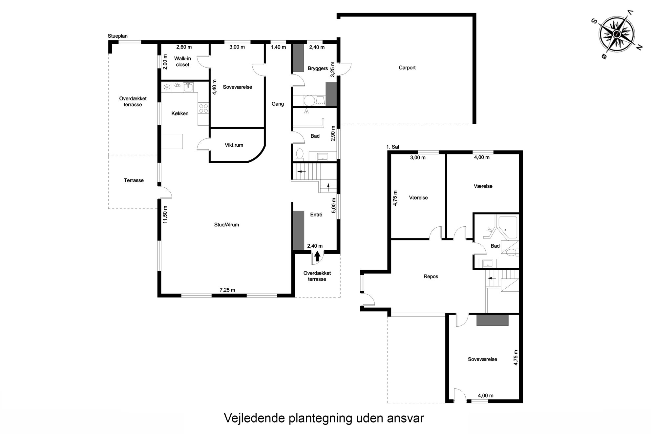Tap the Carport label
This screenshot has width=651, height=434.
click(407, 68)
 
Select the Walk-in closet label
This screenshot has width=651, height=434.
click(182, 62)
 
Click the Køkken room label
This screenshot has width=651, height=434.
click(180, 114)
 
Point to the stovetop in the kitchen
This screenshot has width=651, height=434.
click(203, 108)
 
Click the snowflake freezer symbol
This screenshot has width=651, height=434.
click(167, 87)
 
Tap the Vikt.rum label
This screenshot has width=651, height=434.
click(234, 145)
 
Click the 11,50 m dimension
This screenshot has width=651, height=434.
click(165, 215)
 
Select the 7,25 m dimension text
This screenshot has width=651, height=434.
click(227, 290)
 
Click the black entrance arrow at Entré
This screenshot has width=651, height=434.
click(317, 256)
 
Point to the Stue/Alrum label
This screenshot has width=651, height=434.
click(226, 225)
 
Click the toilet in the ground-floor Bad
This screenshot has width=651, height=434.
click(300, 154)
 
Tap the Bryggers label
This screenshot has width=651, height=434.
click(318, 69)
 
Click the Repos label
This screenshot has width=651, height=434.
click(431, 277)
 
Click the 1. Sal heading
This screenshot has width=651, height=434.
click(393, 147)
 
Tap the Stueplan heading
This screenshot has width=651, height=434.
click(117, 36)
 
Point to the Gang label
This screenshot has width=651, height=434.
click(278, 104)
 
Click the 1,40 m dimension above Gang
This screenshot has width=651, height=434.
click(278, 47)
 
